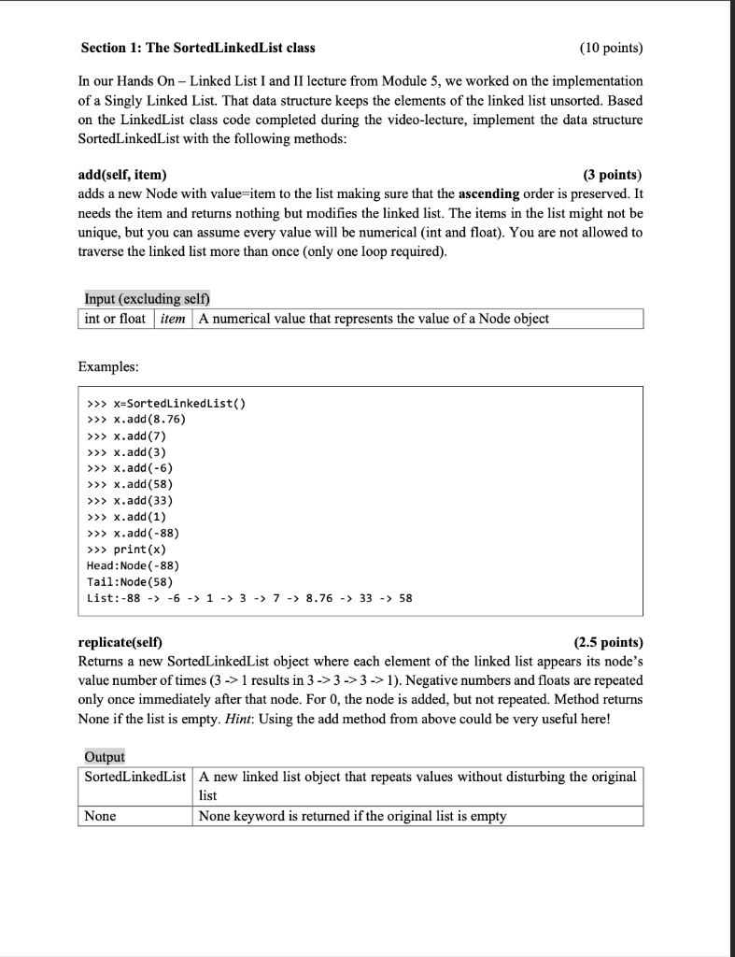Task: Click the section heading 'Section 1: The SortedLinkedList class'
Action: [198, 48]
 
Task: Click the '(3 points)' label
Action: [613, 175]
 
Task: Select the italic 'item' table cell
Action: [174, 319]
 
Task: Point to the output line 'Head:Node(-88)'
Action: [133, 565]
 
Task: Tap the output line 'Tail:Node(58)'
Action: [130, 581]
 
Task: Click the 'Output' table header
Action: [105, 756]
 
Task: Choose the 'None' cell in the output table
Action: [101, 816]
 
